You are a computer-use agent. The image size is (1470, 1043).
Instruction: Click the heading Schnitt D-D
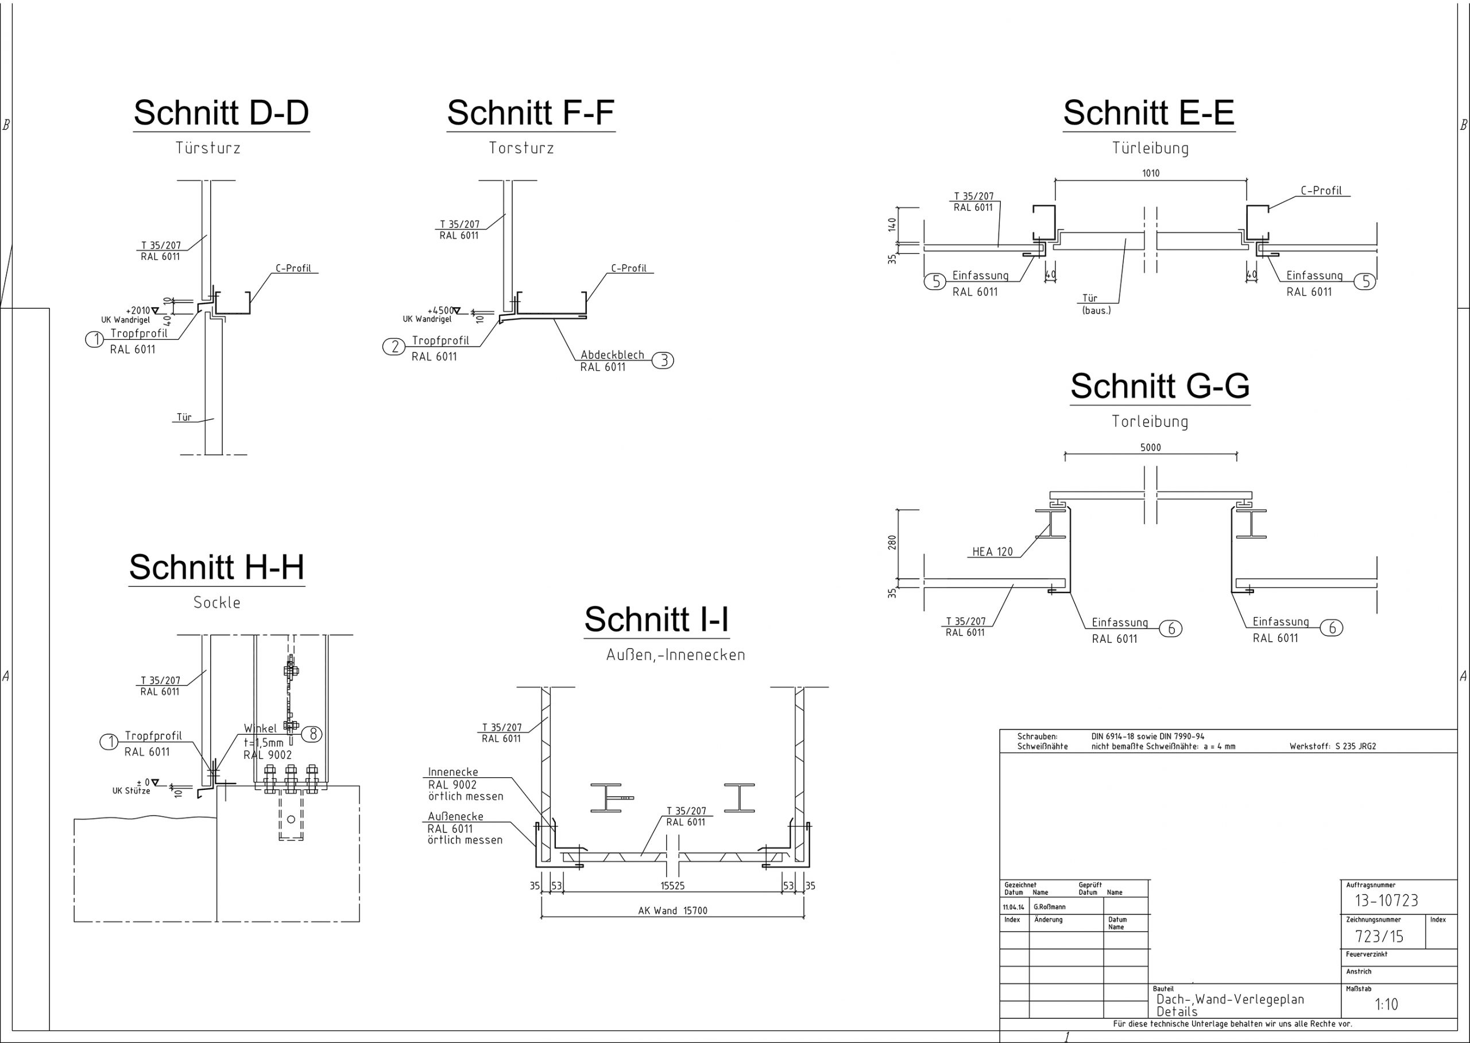(221, 113)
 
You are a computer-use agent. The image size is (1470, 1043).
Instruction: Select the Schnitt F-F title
(531, 113)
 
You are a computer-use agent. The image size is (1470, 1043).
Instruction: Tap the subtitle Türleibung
(1150, 148)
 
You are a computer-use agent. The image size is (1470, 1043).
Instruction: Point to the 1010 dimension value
(1151, 173)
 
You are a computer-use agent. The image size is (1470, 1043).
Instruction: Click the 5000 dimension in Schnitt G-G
(1151, 448)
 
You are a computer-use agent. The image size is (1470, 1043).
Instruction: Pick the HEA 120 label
(992, 552)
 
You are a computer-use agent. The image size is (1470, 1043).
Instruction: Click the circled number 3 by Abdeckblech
(664, 360)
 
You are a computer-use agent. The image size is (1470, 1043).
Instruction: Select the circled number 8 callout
(313, 734)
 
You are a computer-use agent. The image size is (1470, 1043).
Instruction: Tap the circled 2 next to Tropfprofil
(394, 347)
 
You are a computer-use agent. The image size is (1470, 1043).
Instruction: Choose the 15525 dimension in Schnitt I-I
(672, 886)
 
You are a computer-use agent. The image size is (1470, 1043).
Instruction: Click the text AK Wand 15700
(672, 911)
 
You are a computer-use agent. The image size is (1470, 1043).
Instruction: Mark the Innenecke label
(453, 772)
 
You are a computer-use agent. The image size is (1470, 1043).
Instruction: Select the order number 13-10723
(1387, 901)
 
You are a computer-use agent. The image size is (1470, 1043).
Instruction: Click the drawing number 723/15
(1379, 936)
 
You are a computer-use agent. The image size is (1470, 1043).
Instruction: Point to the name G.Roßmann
(1049, 907)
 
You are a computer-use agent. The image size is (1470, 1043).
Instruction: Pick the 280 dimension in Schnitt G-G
(892, 542)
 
